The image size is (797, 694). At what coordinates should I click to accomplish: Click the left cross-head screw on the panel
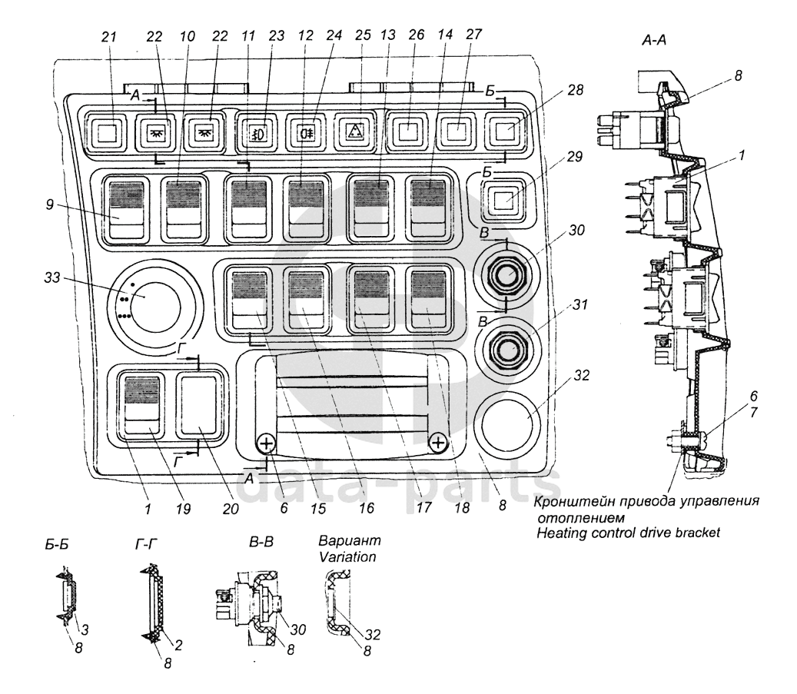tap(266, 443)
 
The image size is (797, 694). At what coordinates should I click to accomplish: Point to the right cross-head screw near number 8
tap(437, 443)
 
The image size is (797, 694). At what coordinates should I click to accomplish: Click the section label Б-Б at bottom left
tap(58, 548)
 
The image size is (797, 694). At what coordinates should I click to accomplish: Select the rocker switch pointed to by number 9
tap(127, 208)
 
